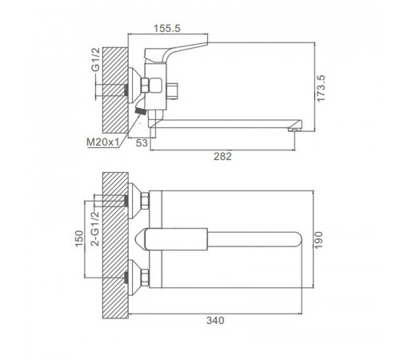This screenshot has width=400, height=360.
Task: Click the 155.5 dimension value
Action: (x=167, y=28)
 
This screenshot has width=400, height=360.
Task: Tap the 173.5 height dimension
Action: (x=321, y=88)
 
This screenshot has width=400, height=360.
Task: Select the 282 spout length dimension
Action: (x=222, y=156)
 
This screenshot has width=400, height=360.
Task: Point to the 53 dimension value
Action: (x=142, y=143)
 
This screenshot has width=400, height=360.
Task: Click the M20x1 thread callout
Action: (x=102, y=142)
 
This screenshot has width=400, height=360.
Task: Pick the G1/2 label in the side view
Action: (x=95, y=60)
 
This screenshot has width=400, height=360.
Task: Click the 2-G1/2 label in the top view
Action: (x=95, y=229)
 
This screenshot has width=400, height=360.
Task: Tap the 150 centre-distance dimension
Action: (x=79, y=238)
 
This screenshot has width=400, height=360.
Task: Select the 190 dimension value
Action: (x=318, y=240)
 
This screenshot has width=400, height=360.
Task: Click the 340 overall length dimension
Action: (x=215, y=320)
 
